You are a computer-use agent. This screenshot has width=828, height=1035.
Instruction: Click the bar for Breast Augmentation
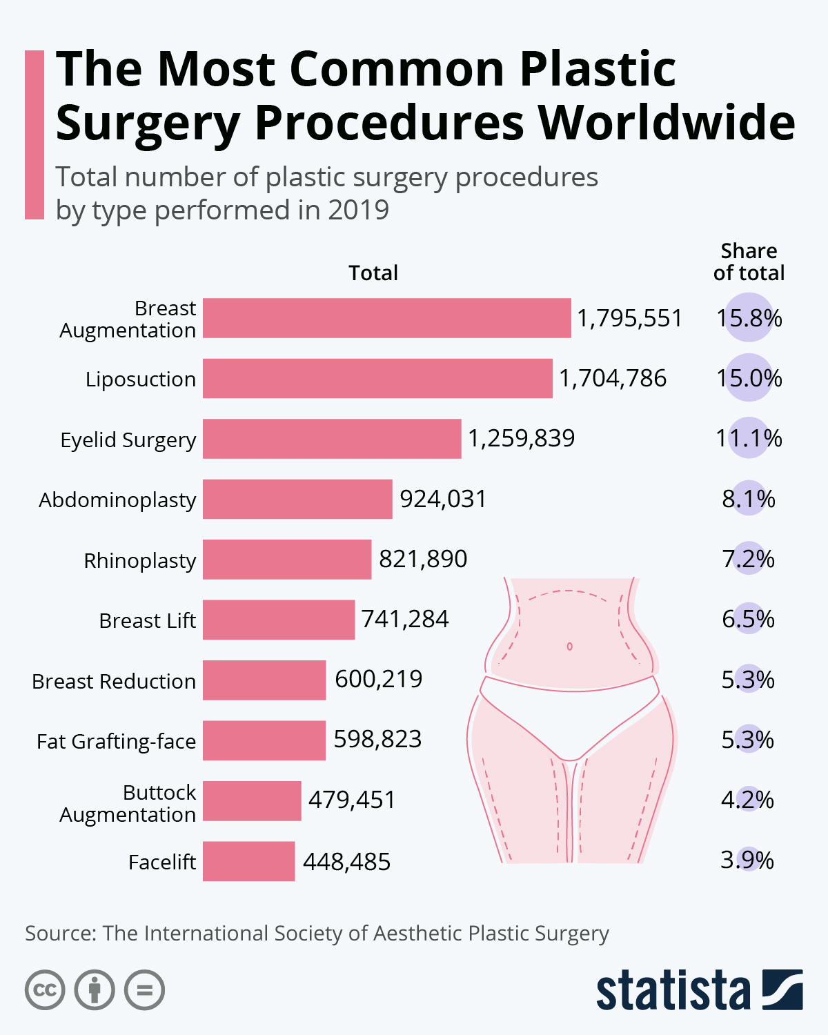pos(386,318)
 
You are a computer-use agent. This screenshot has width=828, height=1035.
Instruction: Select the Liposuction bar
pos(377,378)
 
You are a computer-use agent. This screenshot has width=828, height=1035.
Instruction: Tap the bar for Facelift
pos(248,861)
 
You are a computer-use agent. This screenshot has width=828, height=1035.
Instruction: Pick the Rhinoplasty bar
pos(287,560)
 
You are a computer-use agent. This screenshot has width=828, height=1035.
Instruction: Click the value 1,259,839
pos(521,438)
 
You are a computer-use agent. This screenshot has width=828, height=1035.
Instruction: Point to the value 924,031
pos(443,499)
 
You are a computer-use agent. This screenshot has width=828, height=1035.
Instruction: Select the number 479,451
pos(352,800)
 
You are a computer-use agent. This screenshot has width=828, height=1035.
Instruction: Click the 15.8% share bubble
pos(749,318)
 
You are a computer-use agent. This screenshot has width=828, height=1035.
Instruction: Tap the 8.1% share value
pos(749,499)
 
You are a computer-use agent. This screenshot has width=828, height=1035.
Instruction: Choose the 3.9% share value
pos(747,860)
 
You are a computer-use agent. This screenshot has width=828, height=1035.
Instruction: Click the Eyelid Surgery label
pos(128,440)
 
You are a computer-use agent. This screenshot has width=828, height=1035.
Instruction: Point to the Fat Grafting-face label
pos(117,741)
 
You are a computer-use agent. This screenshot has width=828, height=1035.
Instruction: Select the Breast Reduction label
pos(114,681)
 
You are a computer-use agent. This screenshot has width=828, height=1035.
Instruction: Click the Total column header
pos(373,273)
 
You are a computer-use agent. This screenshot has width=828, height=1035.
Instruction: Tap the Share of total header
pos(749,262)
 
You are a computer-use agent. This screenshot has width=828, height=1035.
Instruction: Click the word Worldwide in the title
pos(667,123)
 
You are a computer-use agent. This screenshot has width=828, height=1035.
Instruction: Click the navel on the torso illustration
pos(570,647)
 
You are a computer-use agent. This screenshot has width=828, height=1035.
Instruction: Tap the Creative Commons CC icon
pos(45,990)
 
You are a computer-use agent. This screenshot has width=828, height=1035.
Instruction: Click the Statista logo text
pos(673,992)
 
